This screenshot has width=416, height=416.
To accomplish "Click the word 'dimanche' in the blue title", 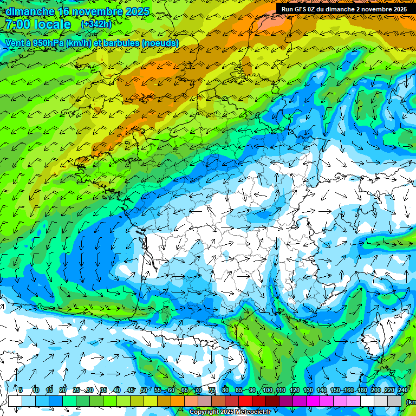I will [30, 11].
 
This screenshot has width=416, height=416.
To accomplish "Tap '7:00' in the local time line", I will [18, 24].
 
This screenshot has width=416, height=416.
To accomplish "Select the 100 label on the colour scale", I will [267, 390].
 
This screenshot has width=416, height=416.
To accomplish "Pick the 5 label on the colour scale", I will [21, 390].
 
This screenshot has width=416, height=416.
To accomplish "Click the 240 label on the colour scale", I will [402, 390].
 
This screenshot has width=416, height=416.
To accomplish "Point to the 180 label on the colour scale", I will [362, 390].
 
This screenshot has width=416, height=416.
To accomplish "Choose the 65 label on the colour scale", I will [185, 390].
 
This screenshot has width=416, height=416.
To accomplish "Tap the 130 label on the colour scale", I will [308, 390].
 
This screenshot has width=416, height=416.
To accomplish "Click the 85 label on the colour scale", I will [239, 390].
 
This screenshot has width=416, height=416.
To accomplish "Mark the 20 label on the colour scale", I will [63, 390].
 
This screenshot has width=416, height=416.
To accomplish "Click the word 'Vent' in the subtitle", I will [15, 43].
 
